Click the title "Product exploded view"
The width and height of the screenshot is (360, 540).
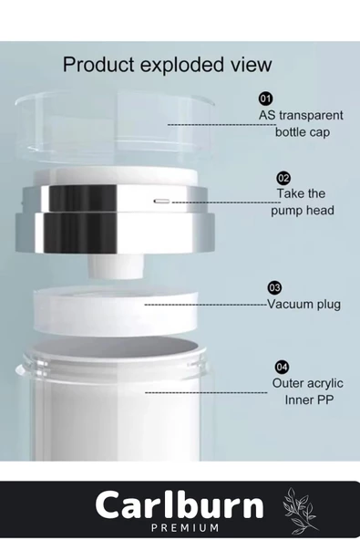167,65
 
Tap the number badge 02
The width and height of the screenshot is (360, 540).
283,177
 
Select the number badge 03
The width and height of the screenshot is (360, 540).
273,287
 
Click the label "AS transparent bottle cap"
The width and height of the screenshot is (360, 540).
300,123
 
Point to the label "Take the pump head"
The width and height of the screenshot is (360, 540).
302,202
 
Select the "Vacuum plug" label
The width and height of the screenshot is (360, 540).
303,305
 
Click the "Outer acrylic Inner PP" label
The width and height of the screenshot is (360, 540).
303,391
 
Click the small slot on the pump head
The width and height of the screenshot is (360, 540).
161,200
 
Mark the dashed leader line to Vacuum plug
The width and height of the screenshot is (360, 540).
205,304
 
